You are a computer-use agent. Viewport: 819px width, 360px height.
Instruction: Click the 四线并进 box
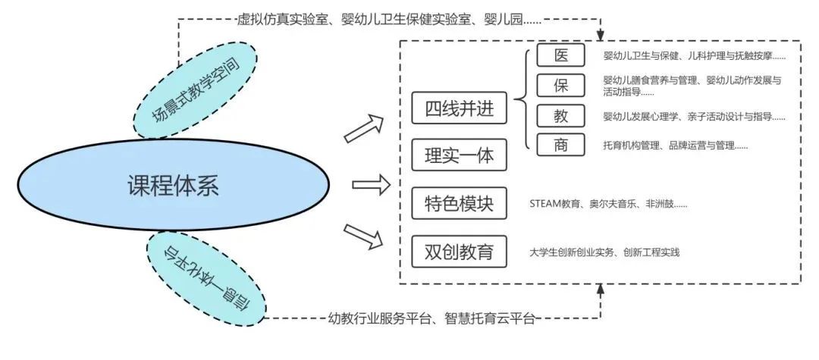coord(458,108)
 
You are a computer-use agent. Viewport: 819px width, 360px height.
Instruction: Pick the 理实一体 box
coord(458,155)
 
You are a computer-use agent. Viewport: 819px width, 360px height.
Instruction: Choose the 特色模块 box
coord(458,204)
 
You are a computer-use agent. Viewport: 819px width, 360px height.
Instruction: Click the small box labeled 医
coord(560,55)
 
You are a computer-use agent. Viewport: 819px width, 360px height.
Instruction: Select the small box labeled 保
coord(560,85)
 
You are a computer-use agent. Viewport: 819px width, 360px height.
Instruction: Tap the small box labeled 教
coord(560,115)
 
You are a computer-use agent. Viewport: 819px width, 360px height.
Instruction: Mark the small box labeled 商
coord(560,145)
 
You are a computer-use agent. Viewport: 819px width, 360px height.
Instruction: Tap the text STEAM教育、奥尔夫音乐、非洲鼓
coord(608,204)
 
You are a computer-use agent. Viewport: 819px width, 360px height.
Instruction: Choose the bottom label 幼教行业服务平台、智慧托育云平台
coord(432,318)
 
